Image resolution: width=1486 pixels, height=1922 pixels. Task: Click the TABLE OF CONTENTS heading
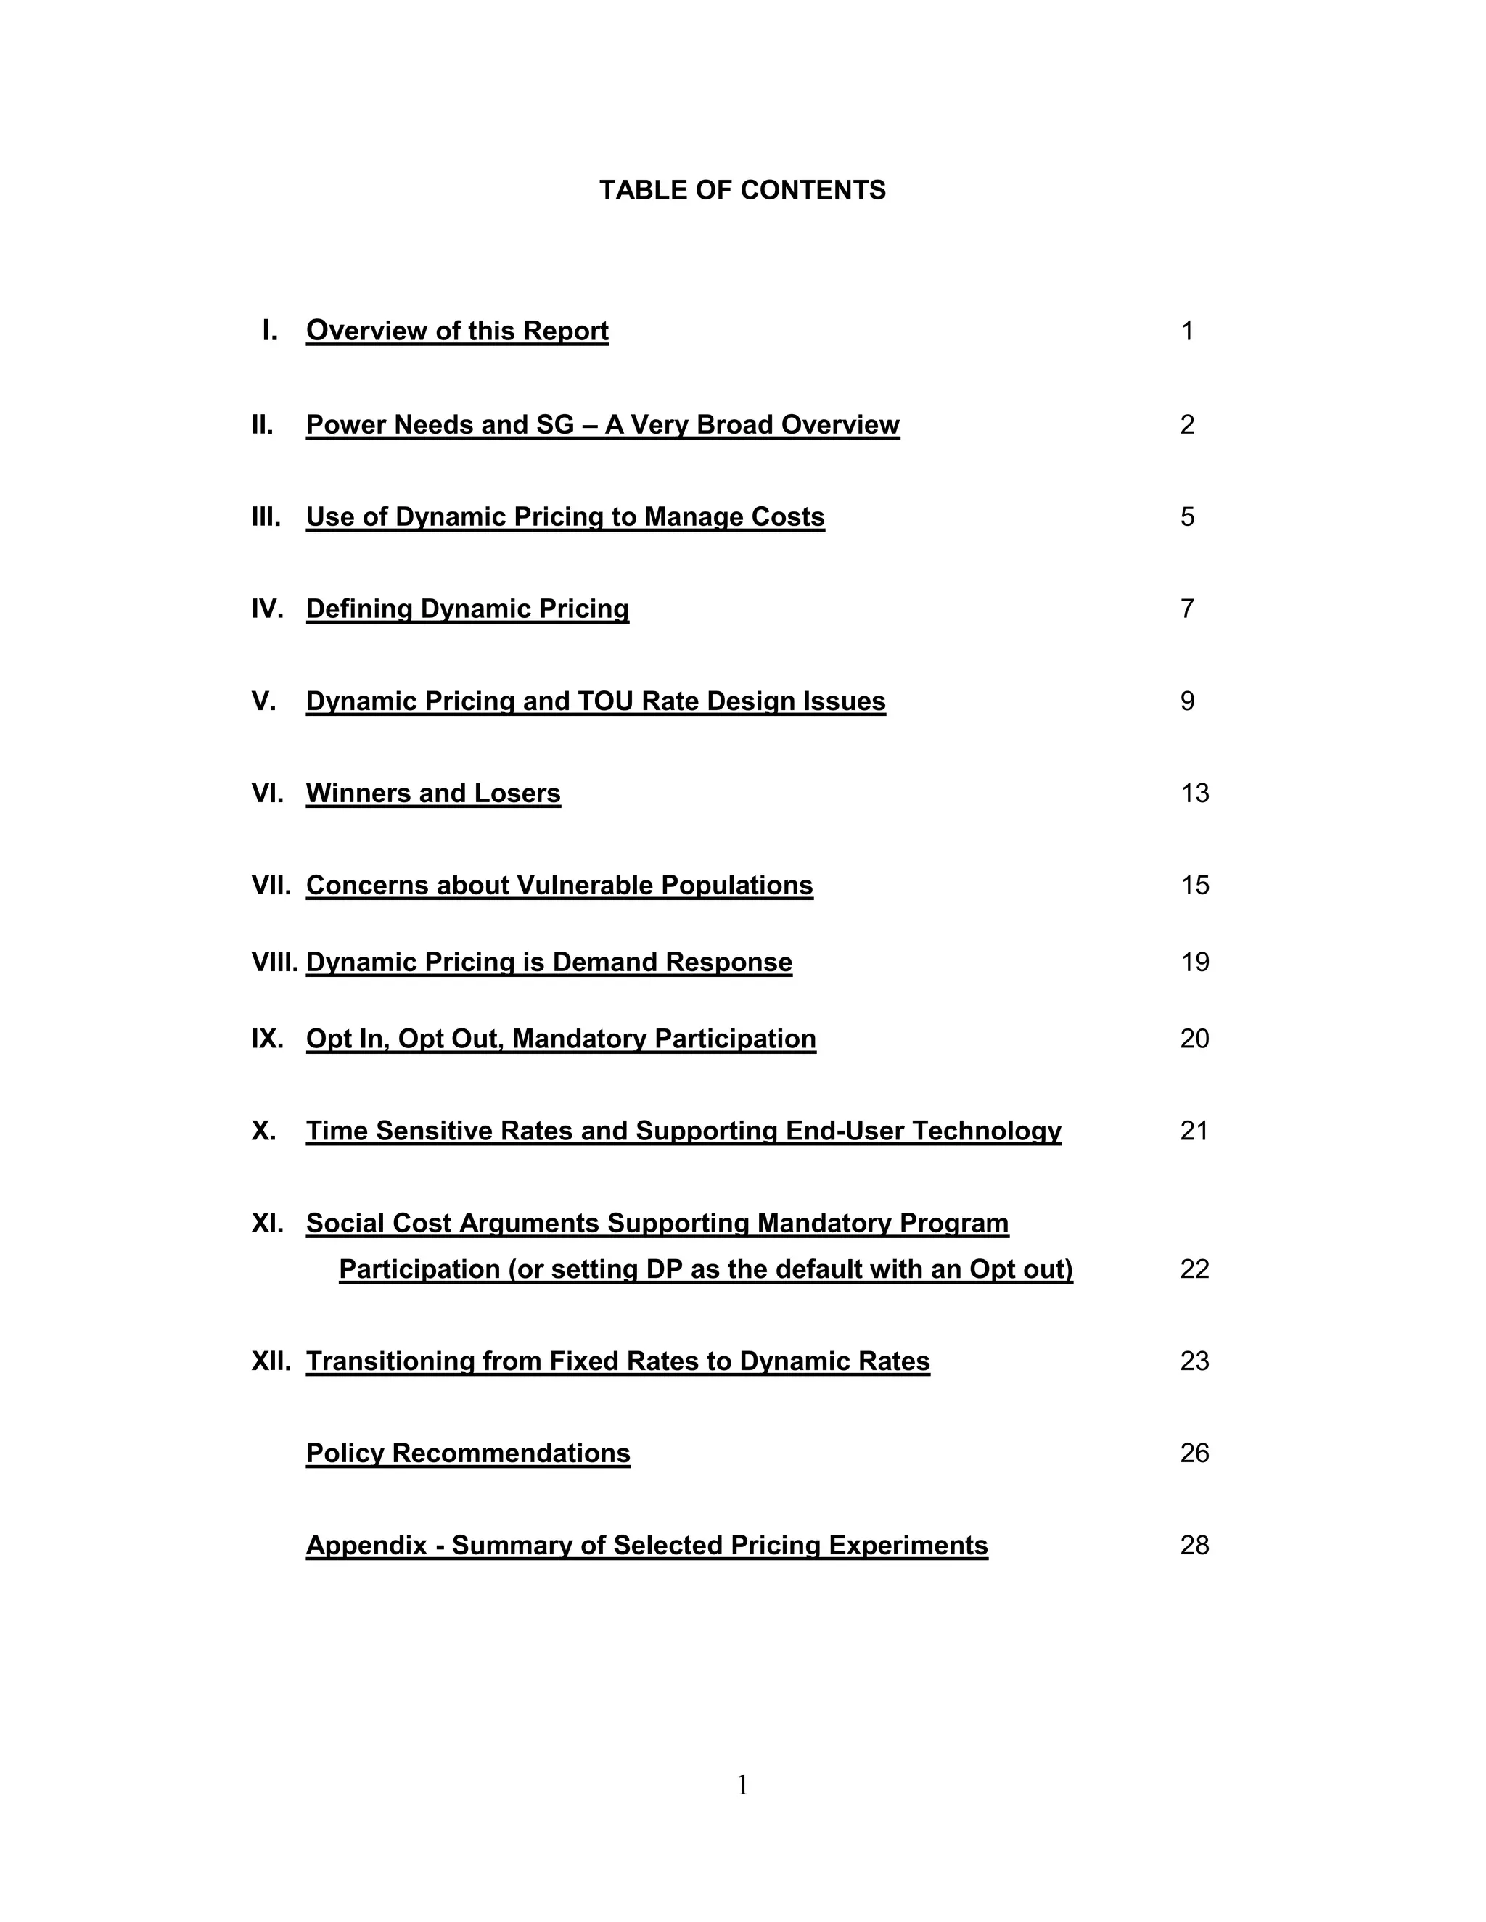tap(742, 190)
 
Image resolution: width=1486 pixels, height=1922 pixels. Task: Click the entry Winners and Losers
tap(433, 793)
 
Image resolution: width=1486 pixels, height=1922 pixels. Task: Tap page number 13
tap(1194, 793)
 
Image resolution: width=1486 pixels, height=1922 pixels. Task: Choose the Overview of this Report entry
tap(457, 331)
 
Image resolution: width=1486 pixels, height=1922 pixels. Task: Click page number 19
tap(1194, 962)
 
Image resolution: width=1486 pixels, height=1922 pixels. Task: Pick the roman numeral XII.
tap(270, 1361)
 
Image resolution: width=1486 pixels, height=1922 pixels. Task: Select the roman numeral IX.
tap(267, 1039)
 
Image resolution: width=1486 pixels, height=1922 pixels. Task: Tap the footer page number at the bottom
tap(742, 1785)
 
